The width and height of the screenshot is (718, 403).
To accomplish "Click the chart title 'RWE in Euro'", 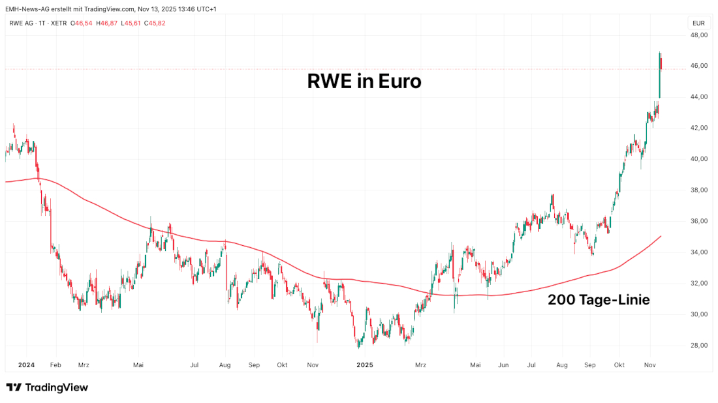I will pyautogui.click(x=364, y=82).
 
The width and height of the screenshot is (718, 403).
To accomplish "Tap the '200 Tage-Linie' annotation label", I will pyautogui.click(x=598, y=300).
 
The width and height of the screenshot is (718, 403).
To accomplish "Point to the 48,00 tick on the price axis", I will pyautogui.click(x=699, y=35).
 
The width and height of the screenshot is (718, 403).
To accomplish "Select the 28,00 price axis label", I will pyautogui.click(x=699, y=346).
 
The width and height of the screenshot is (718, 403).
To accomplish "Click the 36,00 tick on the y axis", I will pyautogui.click(x=699, y=222).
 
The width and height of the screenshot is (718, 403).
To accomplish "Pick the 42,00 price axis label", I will pyautogui.click(x=699, y=128).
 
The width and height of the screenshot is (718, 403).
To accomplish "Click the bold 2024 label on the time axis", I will pyautogui.click(x=27, y=366).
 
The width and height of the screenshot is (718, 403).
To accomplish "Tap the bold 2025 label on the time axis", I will pyautogui.click(x=366, y=366).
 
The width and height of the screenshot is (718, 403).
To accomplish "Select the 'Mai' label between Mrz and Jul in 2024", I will pyautogui.click(x=138, y=366).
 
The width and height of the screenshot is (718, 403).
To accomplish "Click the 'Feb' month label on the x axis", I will pyautogui.click(x=55, y=366).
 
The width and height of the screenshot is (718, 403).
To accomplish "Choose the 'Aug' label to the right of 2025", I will pyautogui.click(x=561, y=366).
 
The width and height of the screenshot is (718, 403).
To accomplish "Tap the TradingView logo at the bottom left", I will pyautogui.click(x=47, y=387).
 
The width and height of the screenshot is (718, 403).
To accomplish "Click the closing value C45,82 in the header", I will pyautogui.click(x=156, y=23).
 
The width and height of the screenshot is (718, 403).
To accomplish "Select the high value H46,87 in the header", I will pyautogui.click(x=107, y=23).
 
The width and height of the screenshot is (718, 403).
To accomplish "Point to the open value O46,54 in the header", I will pyautogui.click(x=82, y=23).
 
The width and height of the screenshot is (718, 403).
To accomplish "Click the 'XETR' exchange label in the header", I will pyautogui.click(x=58, y=23).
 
